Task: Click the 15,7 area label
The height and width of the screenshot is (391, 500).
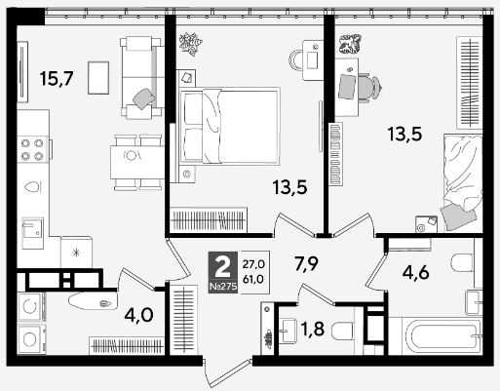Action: pos(57,79)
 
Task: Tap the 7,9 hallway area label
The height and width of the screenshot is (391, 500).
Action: pos(306,263)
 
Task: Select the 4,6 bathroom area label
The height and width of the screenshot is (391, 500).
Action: pos(415,272)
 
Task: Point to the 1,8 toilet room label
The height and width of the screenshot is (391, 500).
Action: pos(313,329)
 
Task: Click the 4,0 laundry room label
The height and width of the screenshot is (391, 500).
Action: pos(138,315)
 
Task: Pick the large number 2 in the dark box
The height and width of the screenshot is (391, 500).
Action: pos(223,266)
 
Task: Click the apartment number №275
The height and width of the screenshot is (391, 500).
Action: pos(223,287)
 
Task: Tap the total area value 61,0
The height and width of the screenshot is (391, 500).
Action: pos(253,279)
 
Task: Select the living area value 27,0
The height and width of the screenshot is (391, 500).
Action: pos(253,264)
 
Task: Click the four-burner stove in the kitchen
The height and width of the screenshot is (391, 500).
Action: pos(33,149)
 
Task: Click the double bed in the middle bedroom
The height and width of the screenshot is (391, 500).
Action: pos(230,126)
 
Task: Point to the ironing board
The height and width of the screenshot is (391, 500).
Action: pos(93,301)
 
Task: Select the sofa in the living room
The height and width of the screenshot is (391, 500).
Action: pos(141,78)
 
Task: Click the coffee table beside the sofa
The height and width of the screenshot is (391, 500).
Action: pos(98,78)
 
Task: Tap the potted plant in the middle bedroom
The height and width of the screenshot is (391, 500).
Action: pos(191,44)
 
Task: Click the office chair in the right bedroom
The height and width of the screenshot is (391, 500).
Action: pos(369,88)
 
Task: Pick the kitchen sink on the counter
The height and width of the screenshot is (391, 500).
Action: pos(32,233)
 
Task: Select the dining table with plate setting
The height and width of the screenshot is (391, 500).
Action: pos(136,163)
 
